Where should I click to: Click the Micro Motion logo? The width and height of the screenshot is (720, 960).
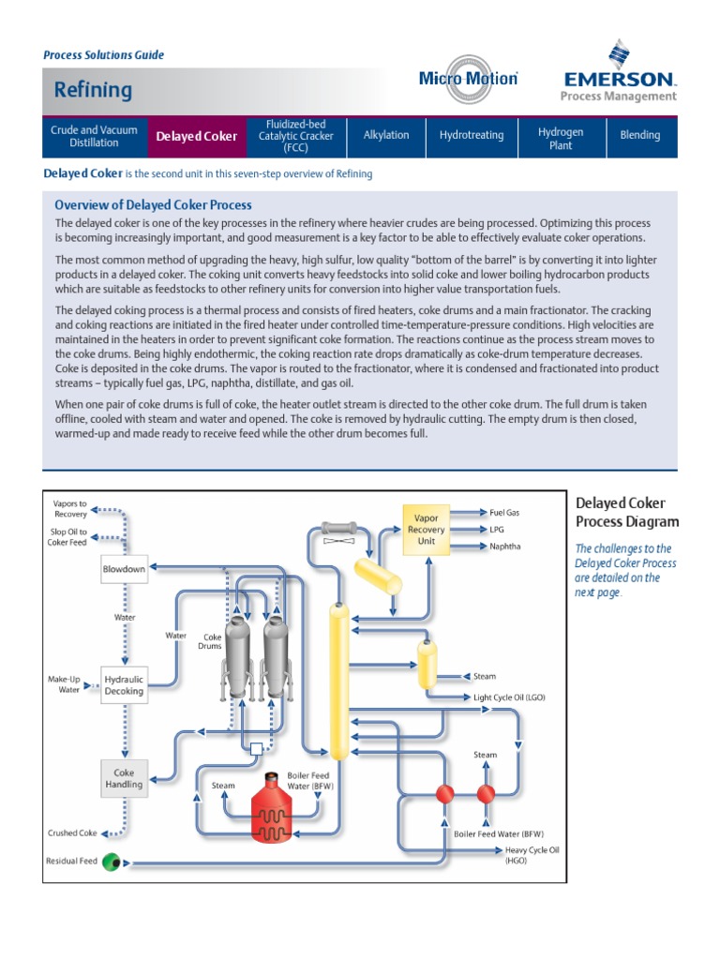coord(468,79)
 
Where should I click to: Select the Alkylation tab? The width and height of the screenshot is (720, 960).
coord(386,136)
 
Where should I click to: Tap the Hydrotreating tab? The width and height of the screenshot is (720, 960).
coord(471,136)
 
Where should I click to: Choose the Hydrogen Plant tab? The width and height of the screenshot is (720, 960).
coord(560,136)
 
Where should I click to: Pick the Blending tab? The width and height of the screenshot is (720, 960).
coord(640,136)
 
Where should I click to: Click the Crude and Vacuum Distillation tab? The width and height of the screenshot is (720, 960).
coord(94,136)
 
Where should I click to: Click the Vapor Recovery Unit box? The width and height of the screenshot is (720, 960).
coord(427,529)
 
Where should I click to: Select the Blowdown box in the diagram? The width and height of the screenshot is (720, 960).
coord(124,569)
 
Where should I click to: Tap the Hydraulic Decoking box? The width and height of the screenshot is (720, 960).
coord(124,685)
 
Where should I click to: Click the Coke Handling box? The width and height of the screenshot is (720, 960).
coord(124,779)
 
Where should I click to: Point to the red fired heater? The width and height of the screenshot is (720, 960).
coord(272,809)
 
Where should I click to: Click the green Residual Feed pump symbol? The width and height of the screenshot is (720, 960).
coord(112,861)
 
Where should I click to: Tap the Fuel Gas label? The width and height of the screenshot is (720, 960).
coord(503,513)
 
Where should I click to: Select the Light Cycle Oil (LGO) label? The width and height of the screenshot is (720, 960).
coord(509,697)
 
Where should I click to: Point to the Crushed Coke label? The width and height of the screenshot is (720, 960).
coord(72,832)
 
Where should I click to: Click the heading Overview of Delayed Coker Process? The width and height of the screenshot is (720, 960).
coord(153,204)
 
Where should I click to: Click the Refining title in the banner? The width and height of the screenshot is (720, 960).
coord(93,90)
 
